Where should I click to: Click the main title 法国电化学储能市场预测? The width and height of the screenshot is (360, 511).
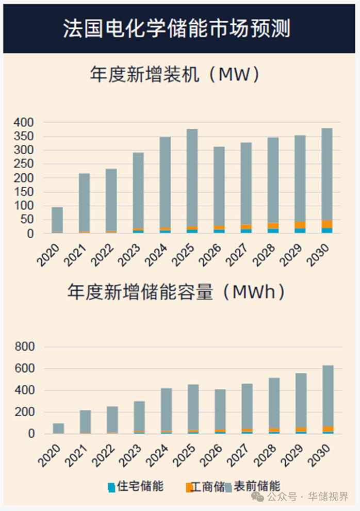click(177, 28)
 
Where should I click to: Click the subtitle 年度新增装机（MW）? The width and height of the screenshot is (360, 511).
click(174, 75)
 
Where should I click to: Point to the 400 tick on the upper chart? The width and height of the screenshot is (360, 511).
click(24, 123)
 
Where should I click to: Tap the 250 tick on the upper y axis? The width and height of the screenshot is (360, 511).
click(24, 164)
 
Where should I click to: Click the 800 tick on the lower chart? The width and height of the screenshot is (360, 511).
click(24, 347)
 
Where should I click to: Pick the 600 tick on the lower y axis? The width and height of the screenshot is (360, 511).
click(24, 369)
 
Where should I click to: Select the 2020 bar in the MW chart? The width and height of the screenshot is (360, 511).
click(57, 220)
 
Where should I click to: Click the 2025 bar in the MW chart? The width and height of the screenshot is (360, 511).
click(192, 180)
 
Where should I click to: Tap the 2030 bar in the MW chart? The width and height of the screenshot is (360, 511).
click(326, 180)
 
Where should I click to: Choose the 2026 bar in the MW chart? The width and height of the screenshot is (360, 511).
click(219, 191)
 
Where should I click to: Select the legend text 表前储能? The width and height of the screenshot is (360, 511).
click(257, 486)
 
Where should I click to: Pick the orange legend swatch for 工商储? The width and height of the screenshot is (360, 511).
click(189, 487)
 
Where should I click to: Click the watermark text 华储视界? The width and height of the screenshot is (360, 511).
click(328, 497)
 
